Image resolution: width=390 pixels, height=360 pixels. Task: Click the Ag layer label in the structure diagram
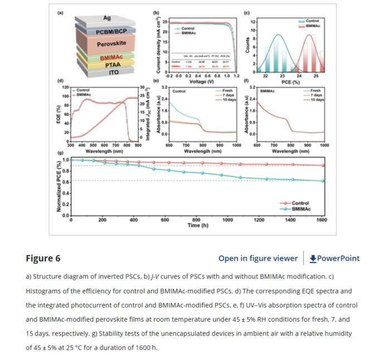coord(107,18)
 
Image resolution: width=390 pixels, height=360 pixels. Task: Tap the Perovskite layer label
coord(111,44)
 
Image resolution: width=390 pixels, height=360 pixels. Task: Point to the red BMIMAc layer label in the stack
coord(111,57)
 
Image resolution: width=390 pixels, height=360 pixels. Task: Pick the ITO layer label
coord(114,72)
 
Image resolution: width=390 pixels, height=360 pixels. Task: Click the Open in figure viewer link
coord(258,258)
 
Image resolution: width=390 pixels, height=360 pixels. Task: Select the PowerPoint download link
coord(334,258)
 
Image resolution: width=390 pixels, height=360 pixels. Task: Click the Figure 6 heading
coord(43,258)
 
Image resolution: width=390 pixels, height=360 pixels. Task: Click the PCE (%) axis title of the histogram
coord(291,81)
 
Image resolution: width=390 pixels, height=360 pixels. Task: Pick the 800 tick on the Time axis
coord(196,220)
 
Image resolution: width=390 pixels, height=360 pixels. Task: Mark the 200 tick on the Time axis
coord(103,220)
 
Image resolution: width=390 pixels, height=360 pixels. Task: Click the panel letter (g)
coord(60,152)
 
